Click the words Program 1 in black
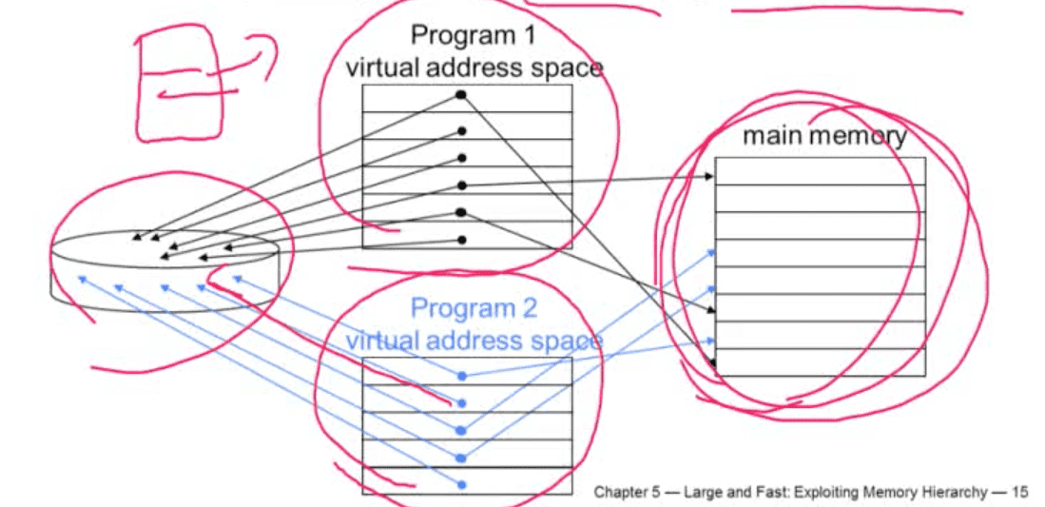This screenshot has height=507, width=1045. click(473, 34)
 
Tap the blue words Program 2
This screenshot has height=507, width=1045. click(473, 308)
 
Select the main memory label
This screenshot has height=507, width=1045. click(824, 136)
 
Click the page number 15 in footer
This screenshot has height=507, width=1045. click(1020, 493)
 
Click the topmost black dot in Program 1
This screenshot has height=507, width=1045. click(460, 95)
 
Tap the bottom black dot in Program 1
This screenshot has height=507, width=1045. click(462, 240)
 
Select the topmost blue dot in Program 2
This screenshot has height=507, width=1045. click(462, 377)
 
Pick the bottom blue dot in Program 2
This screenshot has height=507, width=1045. click(462, 485)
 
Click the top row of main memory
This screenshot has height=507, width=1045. click(820, 171)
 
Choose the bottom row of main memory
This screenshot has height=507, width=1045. click(820, 362)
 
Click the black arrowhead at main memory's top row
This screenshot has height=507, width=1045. click(710, 177)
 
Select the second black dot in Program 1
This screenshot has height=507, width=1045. click(462, 130)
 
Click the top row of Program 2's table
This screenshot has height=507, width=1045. click(467, 371)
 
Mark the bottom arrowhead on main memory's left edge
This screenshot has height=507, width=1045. click(712, 365)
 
